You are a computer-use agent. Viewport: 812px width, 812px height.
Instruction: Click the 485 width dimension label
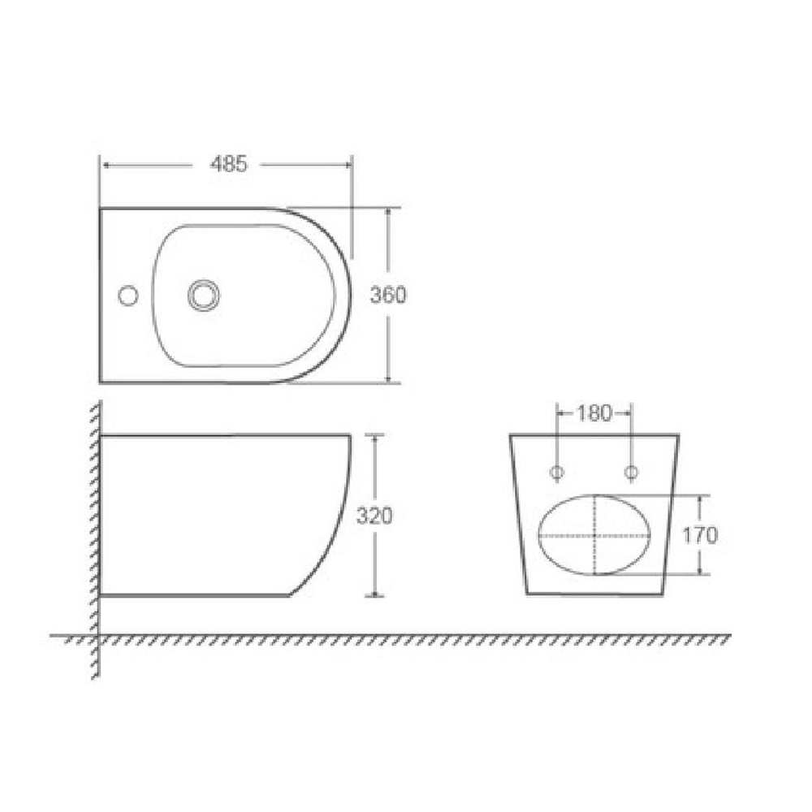[229, 164]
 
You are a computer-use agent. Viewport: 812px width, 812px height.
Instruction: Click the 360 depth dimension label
[388, 295]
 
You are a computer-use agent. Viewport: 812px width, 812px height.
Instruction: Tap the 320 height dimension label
[374, 516]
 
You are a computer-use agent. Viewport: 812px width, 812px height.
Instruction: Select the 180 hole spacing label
[594, 412]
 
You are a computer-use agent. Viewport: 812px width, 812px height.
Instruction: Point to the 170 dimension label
[700, 535]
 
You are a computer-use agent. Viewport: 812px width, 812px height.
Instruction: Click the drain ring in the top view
[204, 296]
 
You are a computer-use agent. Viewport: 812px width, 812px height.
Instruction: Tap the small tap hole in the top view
[128, 296]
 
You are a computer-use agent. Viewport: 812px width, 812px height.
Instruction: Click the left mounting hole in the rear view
[557, 472]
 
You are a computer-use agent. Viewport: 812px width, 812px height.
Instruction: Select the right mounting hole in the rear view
[631, 472]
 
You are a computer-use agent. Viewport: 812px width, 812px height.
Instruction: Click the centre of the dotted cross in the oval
[595, 535]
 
